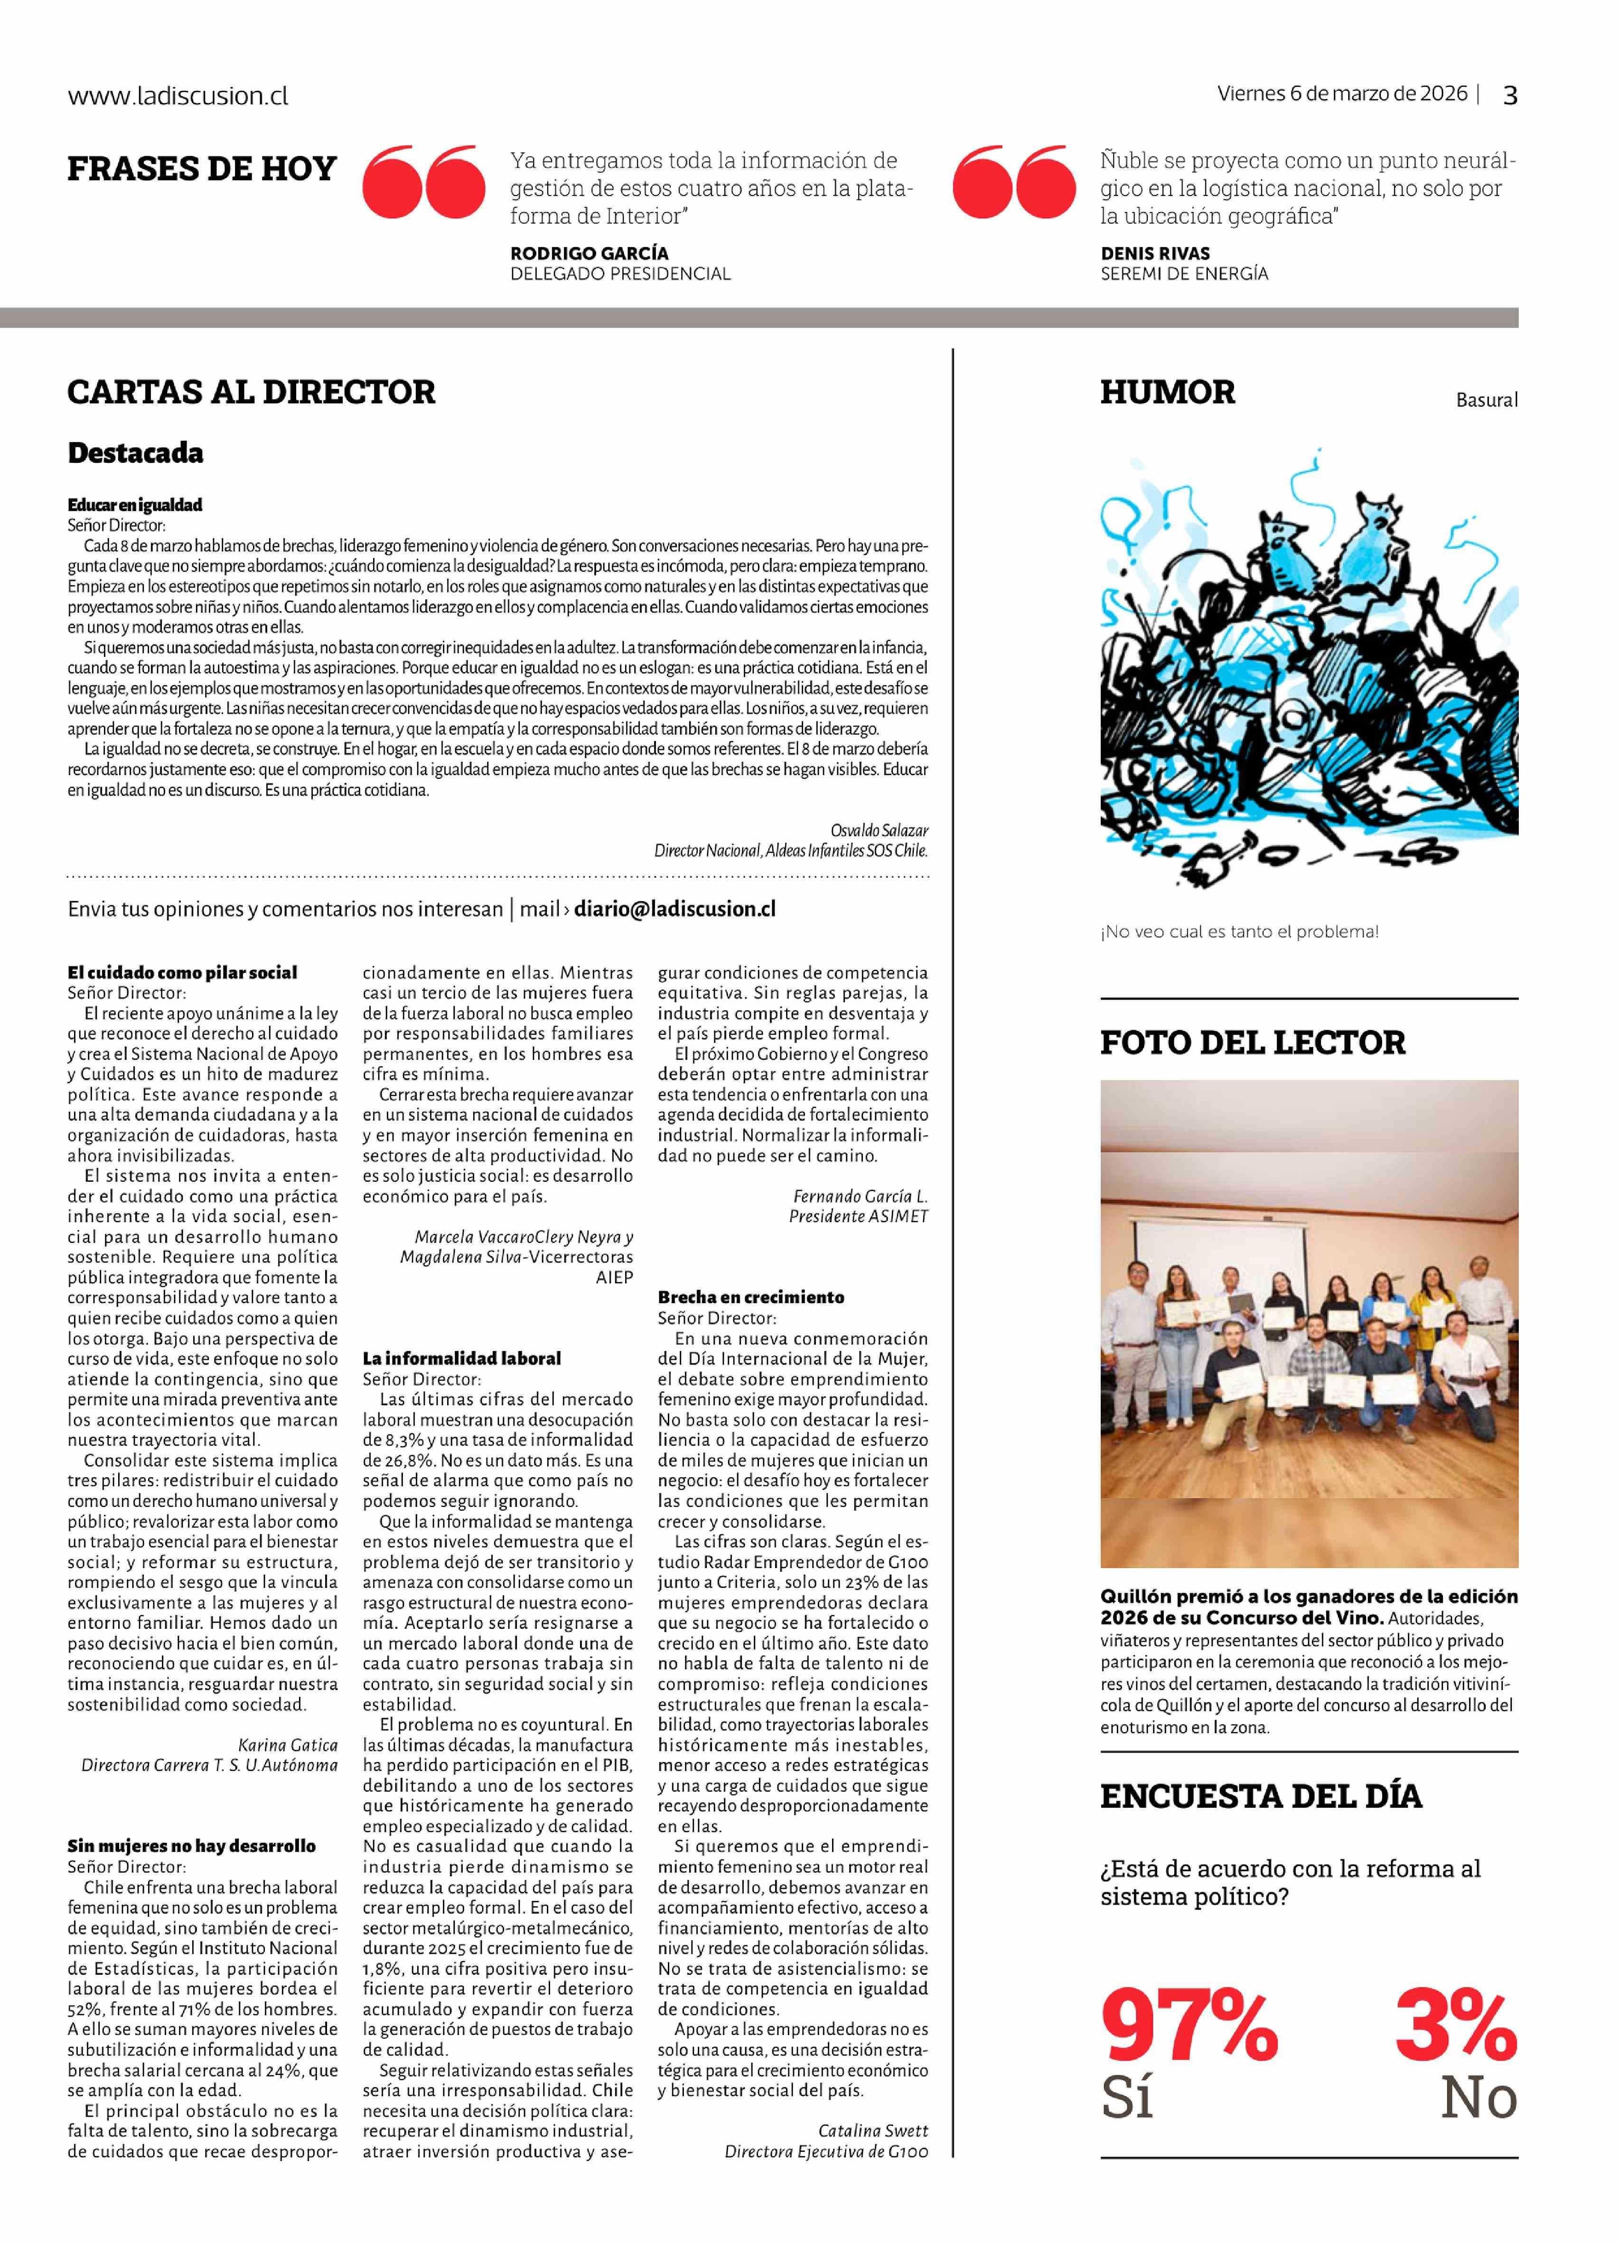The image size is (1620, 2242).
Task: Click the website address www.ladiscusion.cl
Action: (178, 96)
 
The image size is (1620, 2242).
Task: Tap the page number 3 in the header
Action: (1509, 95)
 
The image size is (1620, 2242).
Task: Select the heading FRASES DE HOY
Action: (202, 169)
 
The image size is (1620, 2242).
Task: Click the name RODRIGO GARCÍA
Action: (589, 253)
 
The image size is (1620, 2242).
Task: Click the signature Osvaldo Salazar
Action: (879, 831)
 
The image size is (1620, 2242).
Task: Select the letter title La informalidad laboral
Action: (461, 1358)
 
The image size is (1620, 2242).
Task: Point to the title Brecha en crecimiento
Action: (751, 1297)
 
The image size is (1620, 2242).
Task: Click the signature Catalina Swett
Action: (873, 2130)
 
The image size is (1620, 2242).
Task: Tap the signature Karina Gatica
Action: (288, 1745)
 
